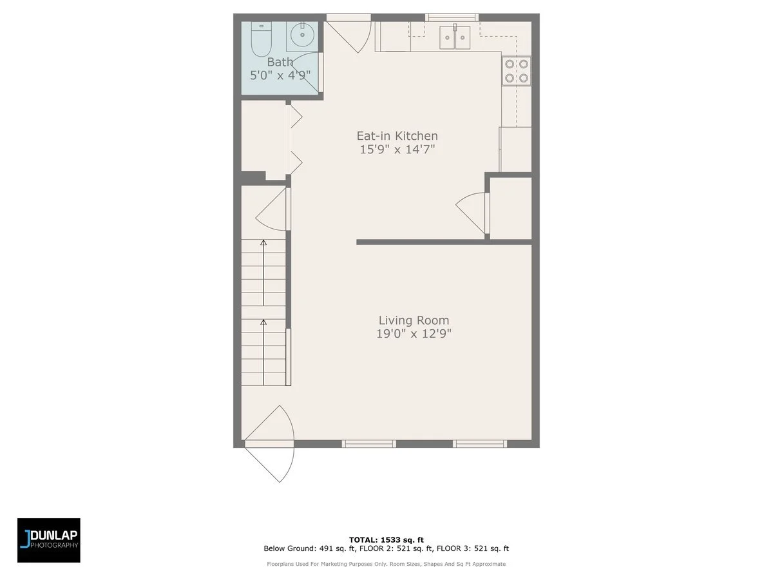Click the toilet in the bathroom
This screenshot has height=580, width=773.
[260, 40]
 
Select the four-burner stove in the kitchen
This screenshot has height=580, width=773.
[517, 71]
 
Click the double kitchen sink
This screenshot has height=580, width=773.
[455, 37]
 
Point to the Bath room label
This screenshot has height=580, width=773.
[280, 62]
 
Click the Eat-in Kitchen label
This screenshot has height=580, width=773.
[397, 136]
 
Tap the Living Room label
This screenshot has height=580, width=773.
[414, 320]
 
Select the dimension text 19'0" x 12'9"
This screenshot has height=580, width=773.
[414, 334]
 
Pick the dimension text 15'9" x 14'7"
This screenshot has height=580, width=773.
[397, 150]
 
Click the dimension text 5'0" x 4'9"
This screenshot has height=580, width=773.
[280, 75]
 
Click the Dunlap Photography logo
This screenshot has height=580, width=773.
[49, 540]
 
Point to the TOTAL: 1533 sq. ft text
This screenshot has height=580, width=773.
[386, 539]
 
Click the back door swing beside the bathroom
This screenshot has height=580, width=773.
[352, 36]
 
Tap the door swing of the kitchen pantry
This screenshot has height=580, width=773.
[474, 211]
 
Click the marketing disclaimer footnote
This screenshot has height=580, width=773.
[386, 564]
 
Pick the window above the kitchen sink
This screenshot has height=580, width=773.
[452, 17]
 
